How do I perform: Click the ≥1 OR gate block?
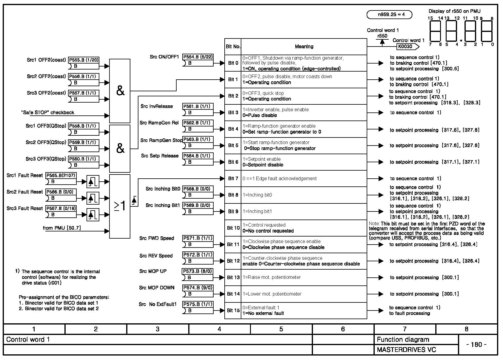(x=120, y=206)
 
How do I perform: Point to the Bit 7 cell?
(x=233, y=178)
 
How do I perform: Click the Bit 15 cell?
(x=233, y=310)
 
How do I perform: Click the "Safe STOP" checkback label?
(x=48, y=112)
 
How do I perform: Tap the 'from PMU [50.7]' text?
(x=62, y=228)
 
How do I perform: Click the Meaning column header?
(x=304, y=47)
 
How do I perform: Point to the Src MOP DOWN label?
(x=157, y=288)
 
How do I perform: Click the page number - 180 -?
(x=476, y=344)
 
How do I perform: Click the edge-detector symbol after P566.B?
(x=93, y=198)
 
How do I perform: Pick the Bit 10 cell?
(x=233, y=228)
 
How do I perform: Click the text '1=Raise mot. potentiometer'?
(x=271, y=277)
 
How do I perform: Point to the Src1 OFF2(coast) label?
(x=46, y=60)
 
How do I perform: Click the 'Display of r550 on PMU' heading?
(x=454, y=11)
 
